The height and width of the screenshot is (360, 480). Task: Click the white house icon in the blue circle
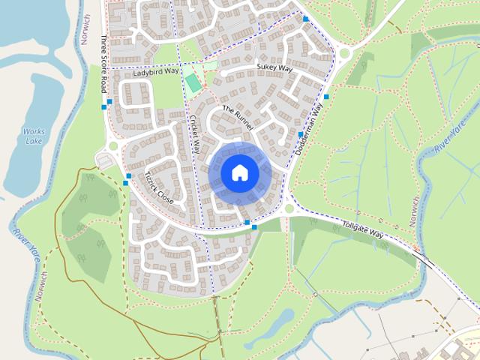239,173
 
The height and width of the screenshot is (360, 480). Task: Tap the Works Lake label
34,136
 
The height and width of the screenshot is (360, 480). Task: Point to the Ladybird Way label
157,73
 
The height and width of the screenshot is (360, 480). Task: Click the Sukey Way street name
274,67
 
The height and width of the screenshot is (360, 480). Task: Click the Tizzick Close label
158,189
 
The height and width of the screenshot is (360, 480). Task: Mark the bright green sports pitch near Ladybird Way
193,82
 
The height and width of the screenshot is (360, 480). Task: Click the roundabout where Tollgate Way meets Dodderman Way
289,209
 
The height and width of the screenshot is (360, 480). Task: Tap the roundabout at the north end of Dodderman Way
344,53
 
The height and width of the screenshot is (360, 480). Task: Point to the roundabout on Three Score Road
113,145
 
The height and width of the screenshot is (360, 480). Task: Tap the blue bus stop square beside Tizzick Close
128,176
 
